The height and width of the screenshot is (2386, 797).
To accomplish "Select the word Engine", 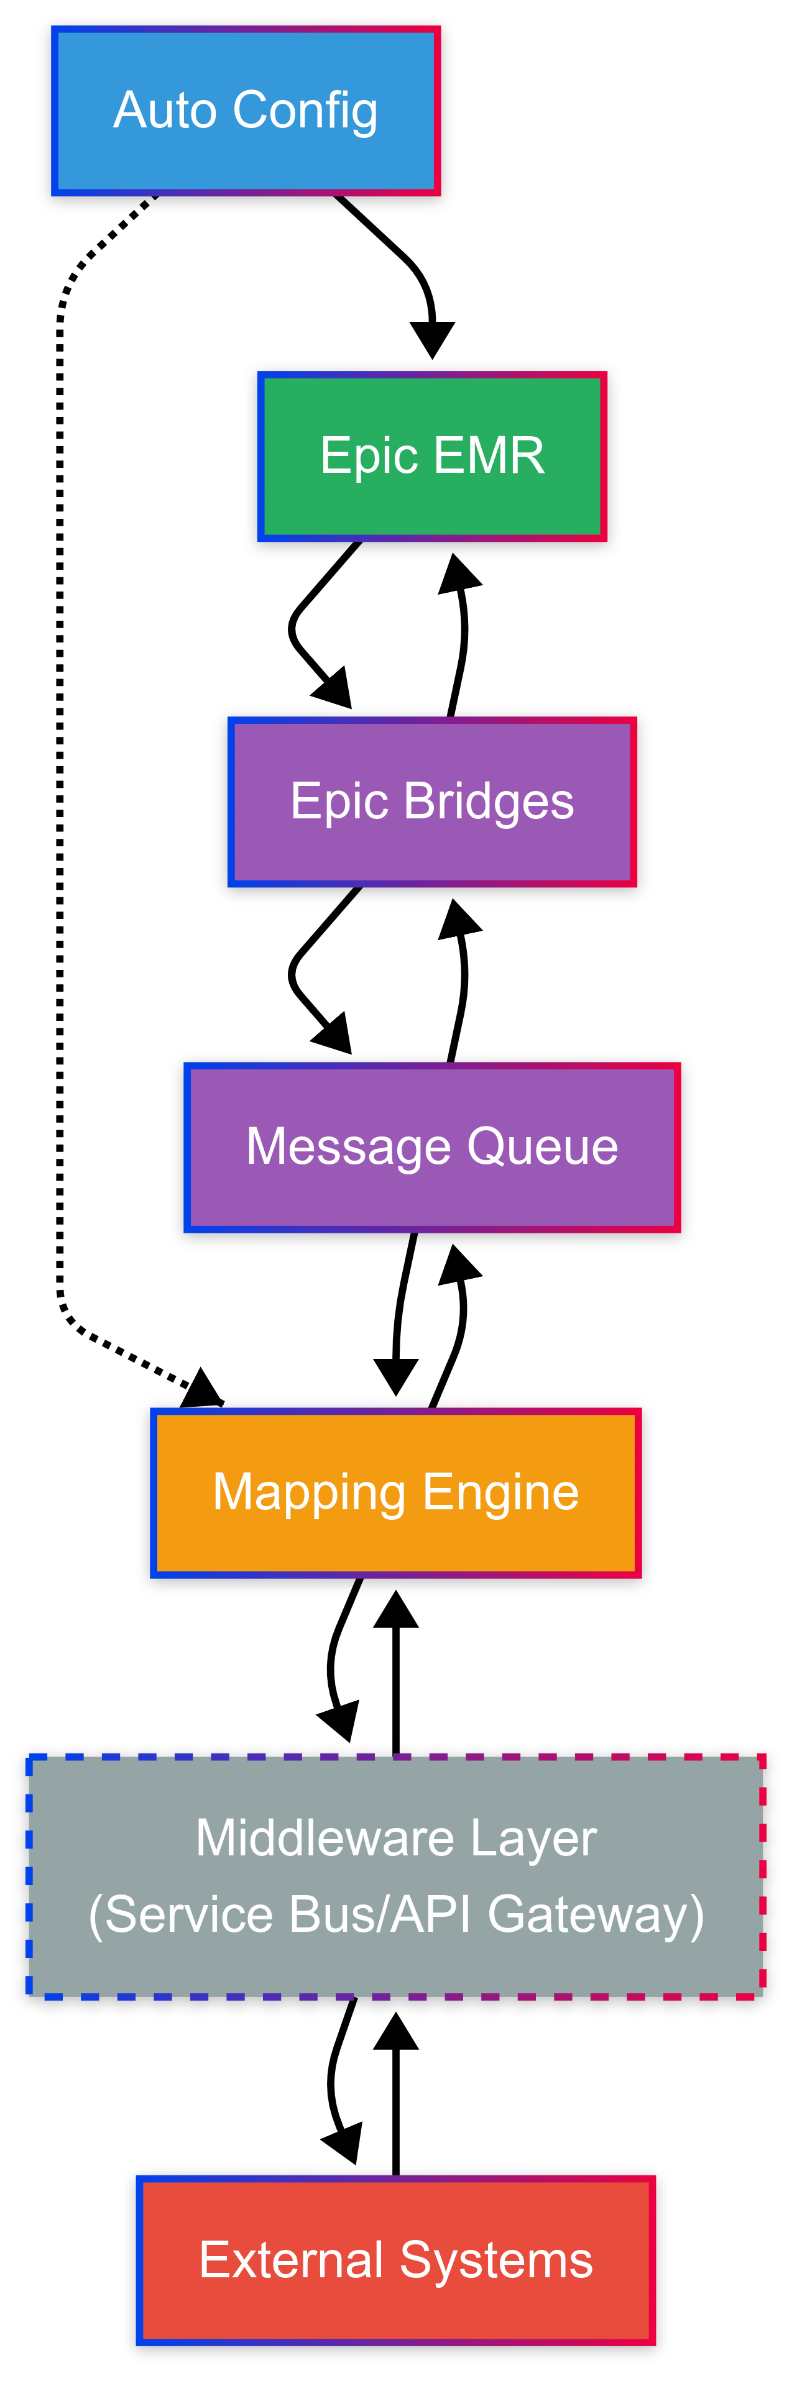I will (501, 1493).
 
